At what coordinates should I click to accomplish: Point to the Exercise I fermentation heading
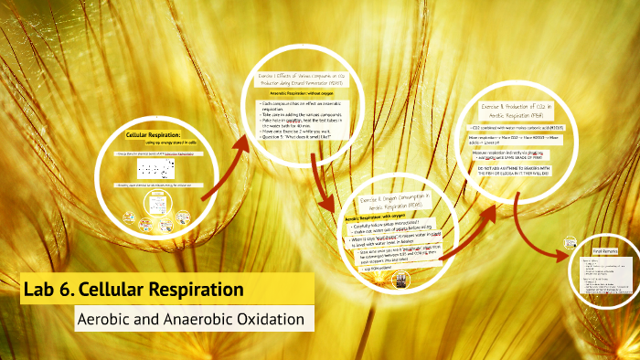tap(293, 81)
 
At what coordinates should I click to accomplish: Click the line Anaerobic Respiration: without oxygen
tap(293, 94)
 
